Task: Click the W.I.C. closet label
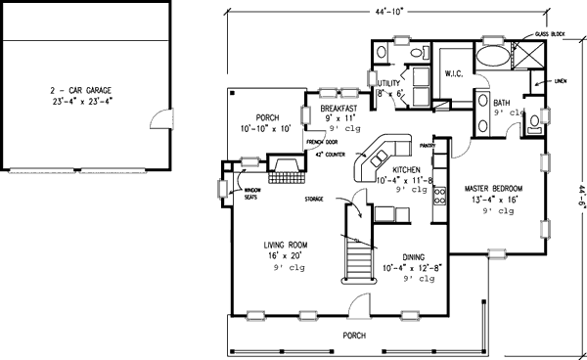pos(454,72)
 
